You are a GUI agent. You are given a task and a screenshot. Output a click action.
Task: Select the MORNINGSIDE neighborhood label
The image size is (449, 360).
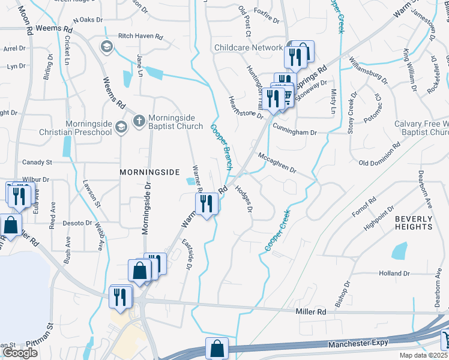coord(149,172)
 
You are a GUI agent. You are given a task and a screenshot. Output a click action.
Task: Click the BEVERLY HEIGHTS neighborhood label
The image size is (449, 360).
coord(414,223)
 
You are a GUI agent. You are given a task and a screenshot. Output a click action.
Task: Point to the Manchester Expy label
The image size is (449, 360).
coord(358,345)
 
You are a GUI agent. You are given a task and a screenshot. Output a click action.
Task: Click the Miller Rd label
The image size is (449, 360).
coord(311,312)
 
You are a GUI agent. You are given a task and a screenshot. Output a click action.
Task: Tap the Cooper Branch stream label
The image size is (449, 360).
coord(221,148)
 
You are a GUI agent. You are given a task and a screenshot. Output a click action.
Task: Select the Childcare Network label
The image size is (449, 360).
coord(249,47)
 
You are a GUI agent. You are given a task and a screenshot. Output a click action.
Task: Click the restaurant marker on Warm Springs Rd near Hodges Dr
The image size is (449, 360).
coord(206,203)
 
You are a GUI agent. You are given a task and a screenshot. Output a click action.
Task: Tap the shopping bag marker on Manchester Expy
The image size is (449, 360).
coord(217,349)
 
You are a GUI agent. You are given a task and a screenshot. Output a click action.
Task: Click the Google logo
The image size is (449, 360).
coord(20,353)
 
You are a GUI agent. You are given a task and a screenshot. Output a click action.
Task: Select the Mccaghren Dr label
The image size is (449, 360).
coord(277,163)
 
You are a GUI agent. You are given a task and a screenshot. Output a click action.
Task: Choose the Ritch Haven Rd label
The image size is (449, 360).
coord(140,37)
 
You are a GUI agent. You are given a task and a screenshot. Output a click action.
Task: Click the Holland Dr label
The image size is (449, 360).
coord(394,273)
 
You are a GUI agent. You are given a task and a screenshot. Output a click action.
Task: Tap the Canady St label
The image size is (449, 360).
coord(38,162)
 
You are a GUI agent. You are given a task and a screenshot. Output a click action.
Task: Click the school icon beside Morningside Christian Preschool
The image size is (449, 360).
coord(122,126)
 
